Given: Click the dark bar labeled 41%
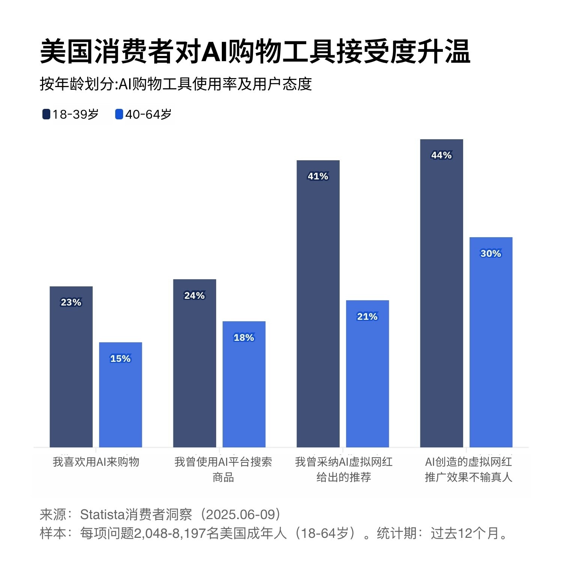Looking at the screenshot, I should (318, 304).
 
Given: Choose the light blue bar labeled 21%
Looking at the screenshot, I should (367, 373).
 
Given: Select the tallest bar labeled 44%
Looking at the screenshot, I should (441, 293).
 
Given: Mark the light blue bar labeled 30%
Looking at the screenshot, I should (491, 342).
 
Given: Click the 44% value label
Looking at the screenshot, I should (441, 155).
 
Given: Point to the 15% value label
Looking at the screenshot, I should (120, 359).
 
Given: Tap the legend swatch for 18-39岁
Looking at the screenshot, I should (46, 114).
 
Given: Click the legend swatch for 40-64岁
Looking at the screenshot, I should (119, 114).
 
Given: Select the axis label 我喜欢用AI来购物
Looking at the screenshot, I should (96, 462).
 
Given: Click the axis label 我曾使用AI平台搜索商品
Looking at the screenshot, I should (223, 469).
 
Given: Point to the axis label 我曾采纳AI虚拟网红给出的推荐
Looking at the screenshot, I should (343, 469).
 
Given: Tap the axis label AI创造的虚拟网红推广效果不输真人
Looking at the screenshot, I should (468, 469).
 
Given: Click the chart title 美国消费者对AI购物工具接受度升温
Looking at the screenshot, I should (255, 51).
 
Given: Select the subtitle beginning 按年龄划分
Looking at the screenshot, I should (176, 84).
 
